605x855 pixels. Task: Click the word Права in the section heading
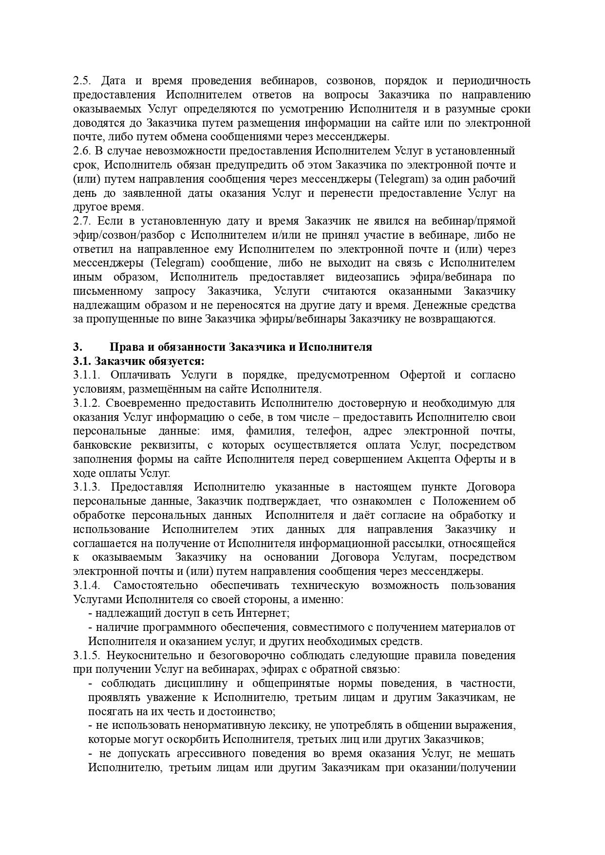[x=127, y=347]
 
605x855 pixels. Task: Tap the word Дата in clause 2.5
[x=113, y=80]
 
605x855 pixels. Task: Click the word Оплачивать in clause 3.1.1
[x=140, y=375]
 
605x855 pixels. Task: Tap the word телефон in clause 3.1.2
[x=327, y=431]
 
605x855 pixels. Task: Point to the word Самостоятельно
[x=155, y=585]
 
